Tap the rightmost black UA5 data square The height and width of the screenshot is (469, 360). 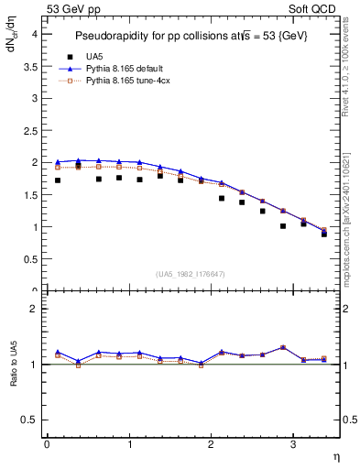pos(324,234)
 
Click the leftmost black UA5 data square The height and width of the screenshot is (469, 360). pos(58,180)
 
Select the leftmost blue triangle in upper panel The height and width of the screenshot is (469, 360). pos(58,162)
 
